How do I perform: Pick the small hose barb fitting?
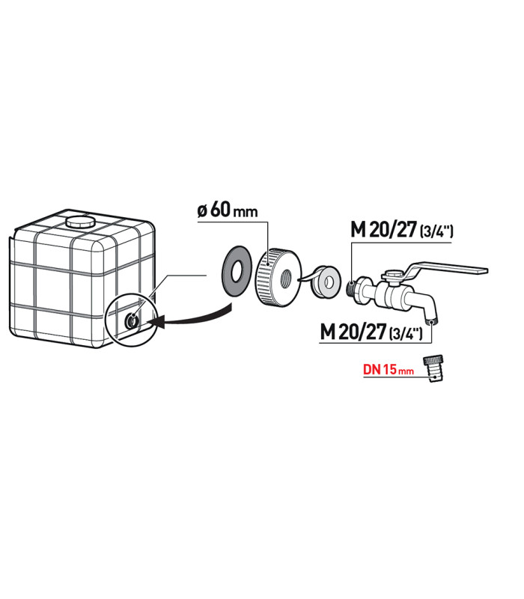[433, 369]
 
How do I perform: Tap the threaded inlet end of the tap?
[352, 285]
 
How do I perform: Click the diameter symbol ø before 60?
[203, 211]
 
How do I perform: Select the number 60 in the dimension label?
[220, 210]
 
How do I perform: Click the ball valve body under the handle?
[393, 294]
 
